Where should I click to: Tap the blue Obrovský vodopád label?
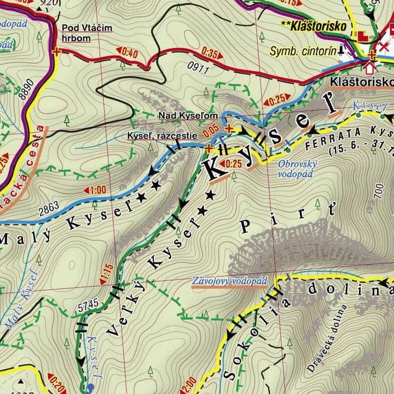pyautogui.click(x=295, y=169)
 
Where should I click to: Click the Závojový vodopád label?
pyautogui.click(x=229, y=281)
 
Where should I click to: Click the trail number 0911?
pyautogui.click(x=198, y=68)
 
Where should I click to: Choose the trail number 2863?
pyautogui.click(x=48, y=209)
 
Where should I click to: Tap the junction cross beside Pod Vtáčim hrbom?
pyautogui.click(x=56, y=52)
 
